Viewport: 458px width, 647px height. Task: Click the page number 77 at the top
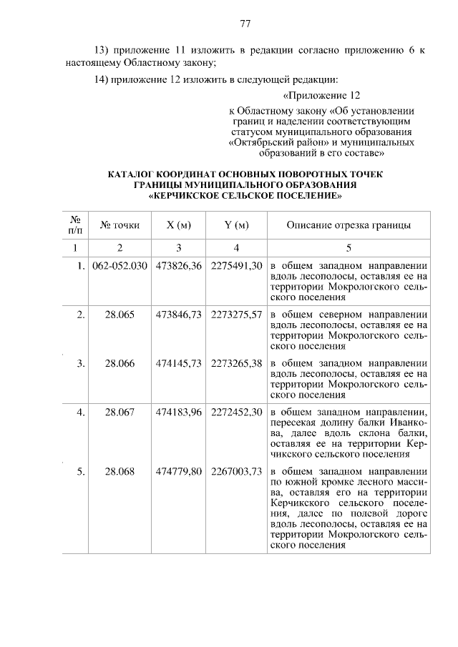(245, 24)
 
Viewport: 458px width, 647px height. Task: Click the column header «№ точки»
(120, 225)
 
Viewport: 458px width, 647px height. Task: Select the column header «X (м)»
(178, 225)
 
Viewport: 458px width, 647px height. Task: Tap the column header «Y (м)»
(236, 225)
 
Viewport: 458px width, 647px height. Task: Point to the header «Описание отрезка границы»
(349, 225)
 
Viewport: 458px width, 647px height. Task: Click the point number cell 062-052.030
(120, 266)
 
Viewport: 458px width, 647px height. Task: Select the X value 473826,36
(179, 266)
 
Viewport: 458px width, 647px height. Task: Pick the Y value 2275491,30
(237, 266)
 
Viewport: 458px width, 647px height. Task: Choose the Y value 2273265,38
(237, 363)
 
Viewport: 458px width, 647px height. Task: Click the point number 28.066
(120, 363)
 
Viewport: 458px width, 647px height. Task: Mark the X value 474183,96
(179, 412)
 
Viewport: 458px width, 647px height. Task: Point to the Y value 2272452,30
(237, 412)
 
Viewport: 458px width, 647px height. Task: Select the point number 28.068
(120, 471)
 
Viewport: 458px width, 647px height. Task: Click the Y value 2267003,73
(237, 471)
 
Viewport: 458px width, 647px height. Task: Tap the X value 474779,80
(179, 471)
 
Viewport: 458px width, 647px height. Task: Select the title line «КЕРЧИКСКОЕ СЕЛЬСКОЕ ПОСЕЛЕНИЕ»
(245, 195)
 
